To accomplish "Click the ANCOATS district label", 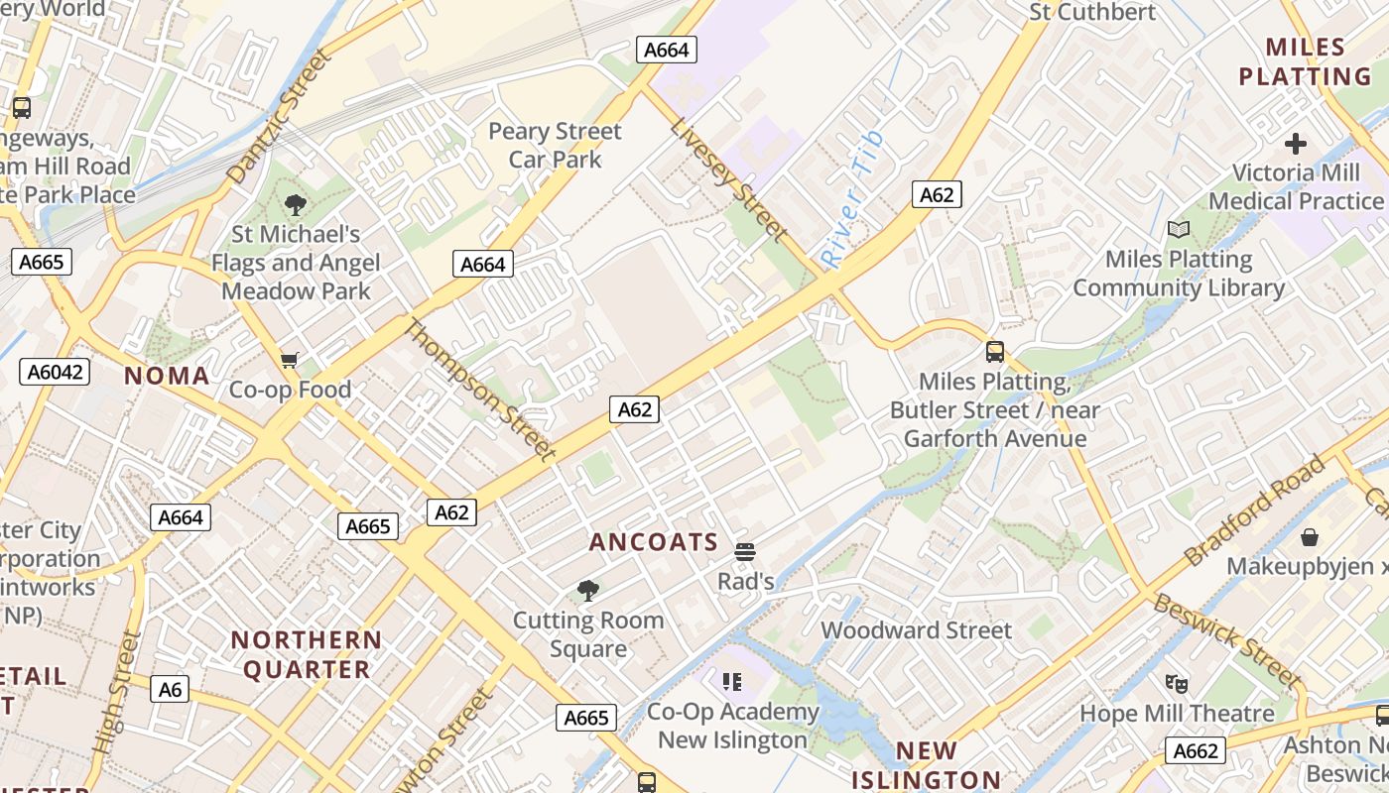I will pos(653,542).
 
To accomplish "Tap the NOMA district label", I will pos(167,376).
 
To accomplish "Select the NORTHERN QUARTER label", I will pos(307,654).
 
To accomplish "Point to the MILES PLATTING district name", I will pos(1306,61).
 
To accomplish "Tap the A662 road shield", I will pos(1195,750).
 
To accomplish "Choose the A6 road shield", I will pos(171,688).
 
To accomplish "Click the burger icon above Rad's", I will pos(745,552).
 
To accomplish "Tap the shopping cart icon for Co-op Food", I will pos(289,360).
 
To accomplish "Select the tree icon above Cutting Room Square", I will pos(587,592).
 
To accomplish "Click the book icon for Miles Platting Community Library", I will pos(1178,230).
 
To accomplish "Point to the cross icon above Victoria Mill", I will pos(1295,144).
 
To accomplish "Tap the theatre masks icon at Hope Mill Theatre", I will pos(1177,683).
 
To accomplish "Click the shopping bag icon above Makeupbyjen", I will pos(1310,537).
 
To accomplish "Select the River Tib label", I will pos(851,199).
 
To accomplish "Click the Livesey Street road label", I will pos(728,179).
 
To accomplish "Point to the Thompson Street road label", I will pos(478,390).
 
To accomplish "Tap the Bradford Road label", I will pos(1255,510).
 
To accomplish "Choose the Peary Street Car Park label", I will pos(555,145).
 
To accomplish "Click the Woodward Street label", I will pos(916,630).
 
